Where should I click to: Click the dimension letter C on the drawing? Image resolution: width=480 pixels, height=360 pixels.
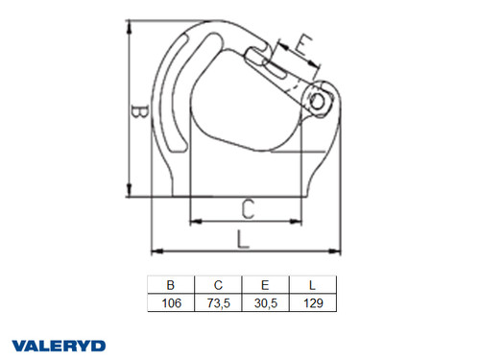click(x=246, y=207)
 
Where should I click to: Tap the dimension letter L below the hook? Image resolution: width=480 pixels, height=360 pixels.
click(x=244, y=239)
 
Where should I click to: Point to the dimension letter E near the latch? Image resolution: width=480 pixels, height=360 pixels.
click(x=301, y=45)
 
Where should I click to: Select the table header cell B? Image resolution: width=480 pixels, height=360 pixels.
click(x=171, y=285)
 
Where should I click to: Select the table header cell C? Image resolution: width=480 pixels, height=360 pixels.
click(x=220, y=285)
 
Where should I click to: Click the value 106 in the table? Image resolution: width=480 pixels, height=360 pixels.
click(x=171, y=302)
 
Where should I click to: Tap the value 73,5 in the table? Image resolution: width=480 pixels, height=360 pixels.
click(x=220, y=302)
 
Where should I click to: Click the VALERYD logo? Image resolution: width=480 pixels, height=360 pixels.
click(x=60, y=344)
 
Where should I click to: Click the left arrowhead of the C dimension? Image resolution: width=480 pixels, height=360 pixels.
click(x=194, y=222)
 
